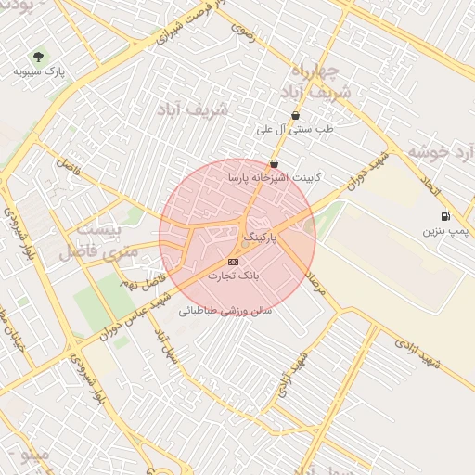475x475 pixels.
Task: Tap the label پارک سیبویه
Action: pos(38,71)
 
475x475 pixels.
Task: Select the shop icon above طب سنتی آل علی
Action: pos(295,116)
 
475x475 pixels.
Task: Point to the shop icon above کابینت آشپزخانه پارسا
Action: pos(274,163)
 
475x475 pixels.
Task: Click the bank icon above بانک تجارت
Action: pos(232,263)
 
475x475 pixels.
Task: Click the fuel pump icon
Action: pos(445,216)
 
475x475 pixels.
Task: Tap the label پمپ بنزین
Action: pos(446,228)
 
